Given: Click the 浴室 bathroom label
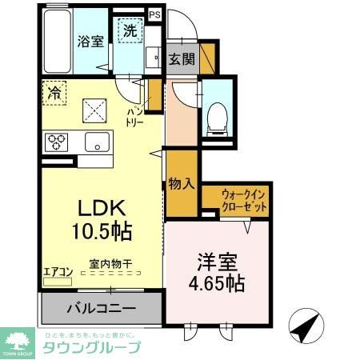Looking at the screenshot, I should [90, 42].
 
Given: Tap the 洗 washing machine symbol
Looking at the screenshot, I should [129, 32].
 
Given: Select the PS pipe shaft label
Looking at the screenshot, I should [154, 14].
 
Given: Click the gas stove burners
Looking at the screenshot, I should [58, 142].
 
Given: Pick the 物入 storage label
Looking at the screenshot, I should [182, 183].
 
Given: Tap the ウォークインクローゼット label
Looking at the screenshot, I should [245, 200].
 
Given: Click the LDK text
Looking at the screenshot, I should [100, 208].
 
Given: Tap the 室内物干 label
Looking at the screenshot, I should [110, 263].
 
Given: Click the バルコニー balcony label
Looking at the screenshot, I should [100, 308].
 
